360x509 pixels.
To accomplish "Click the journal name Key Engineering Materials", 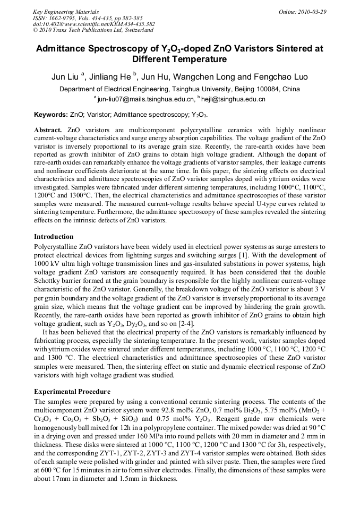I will pyautogui.click(x=66, y=11).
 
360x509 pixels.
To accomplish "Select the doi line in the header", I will pyautogui.click(x=93, y=24).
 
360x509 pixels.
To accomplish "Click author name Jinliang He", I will pyautogui.click(x=109, y=77).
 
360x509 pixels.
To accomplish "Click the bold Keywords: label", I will pyautogui.click(x=51, y=115).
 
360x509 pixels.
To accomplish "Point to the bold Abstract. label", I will pyautogui.click(x=48, y=131).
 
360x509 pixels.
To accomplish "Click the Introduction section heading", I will pyautogui.click(x=54, y=237).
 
